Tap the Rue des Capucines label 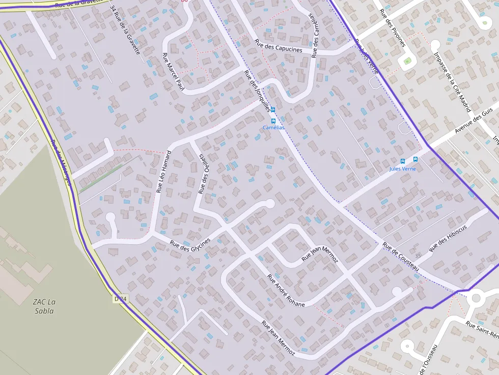coord(279,47)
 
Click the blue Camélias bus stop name coord(273,128)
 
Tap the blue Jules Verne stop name coord(402,168)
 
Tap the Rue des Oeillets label coord(203,174)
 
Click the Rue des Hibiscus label coord(448,238)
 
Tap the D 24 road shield coord(120,299)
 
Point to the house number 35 coord(418,255)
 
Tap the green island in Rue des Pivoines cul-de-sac coord(407,62)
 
